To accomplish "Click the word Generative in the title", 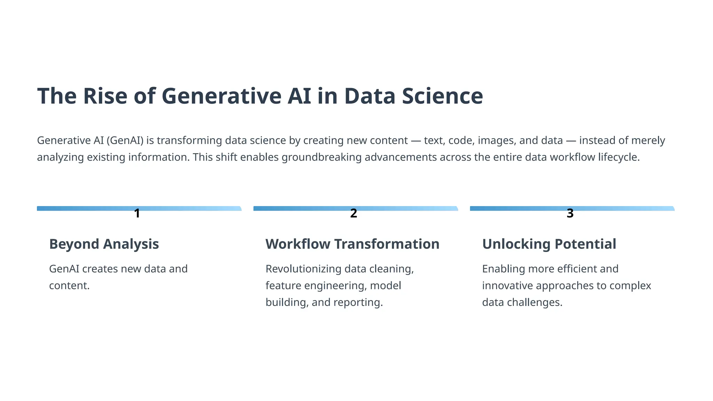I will [221, 96].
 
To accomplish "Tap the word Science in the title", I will [442, 96].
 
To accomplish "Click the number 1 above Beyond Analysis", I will [137, 213].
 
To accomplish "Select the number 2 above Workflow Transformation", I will [353, 213].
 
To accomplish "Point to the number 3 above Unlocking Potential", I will [570, 213].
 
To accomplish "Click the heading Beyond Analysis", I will [104, 244].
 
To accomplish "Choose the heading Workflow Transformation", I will [352, 244].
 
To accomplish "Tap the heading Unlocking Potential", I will [549, 244].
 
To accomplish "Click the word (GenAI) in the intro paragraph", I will [125, 140].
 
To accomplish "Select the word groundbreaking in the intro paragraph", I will [322, 157].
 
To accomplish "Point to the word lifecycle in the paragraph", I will [619, 157].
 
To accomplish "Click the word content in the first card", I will [69, 285].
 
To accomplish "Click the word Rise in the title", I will [105, 96].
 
